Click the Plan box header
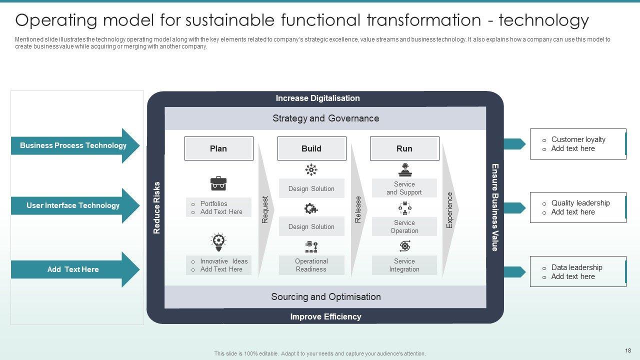pos(218,148)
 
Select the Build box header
pos(311,148)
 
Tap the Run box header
pos(404,148)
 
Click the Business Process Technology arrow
pos(74,145)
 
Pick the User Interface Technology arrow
pos(74,205)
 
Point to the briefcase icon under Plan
pos(218,183)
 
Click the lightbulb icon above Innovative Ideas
pos(218,242)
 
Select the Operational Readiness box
pos(311,265)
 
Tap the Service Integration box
pos(404,265)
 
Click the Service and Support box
pos(404,188)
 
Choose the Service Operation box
pos(404,226)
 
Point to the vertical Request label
pos(265,209)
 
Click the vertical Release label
pos(358,209)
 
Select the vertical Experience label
pos(449,210)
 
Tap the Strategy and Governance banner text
pos(325,118)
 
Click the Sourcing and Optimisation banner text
pos(325,297)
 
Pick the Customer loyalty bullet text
pos(578,139)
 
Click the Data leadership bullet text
pos(576,267)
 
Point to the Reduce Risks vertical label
pos(156,207)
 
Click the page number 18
pos(628,351)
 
